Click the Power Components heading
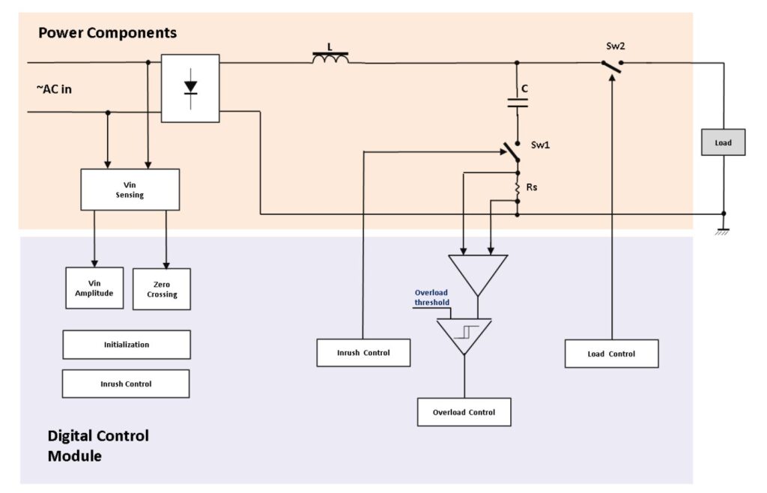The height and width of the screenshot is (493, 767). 107,33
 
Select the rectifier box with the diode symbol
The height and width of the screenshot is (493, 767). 190,88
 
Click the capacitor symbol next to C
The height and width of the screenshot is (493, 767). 517,102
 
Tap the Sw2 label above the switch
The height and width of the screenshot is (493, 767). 615,46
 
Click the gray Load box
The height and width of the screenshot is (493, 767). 723,142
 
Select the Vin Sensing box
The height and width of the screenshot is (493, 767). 130,189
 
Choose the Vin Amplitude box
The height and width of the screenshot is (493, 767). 94,288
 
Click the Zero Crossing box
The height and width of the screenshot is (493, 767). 162,289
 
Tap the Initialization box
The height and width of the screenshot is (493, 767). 126,345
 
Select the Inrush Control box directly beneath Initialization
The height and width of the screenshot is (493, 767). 126,384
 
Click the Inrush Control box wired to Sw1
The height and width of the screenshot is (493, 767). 363,352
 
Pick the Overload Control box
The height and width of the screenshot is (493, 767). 464,412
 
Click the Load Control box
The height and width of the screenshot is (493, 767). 611,354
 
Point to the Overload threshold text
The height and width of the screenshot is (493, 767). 432,298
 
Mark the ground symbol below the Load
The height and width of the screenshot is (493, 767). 723,231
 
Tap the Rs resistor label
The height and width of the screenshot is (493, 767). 532,187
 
